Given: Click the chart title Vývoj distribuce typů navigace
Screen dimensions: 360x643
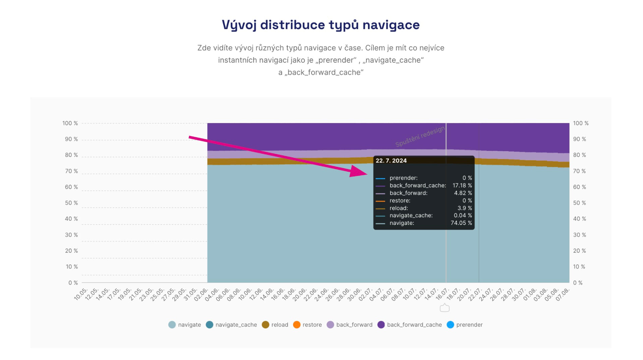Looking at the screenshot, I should coord(320,25).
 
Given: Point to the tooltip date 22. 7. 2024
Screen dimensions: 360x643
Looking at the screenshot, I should coord(391,161).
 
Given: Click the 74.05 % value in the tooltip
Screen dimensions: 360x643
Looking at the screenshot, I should coord(461,223).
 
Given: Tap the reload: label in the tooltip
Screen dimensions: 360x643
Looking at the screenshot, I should coord(399,208).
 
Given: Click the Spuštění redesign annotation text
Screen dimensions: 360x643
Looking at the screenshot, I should coord(420,137).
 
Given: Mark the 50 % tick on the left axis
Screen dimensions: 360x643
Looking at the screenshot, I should coord(71,203).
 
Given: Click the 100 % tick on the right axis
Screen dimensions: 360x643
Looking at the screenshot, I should coord(580,123).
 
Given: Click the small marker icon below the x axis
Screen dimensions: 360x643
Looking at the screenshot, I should coord(445,308).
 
